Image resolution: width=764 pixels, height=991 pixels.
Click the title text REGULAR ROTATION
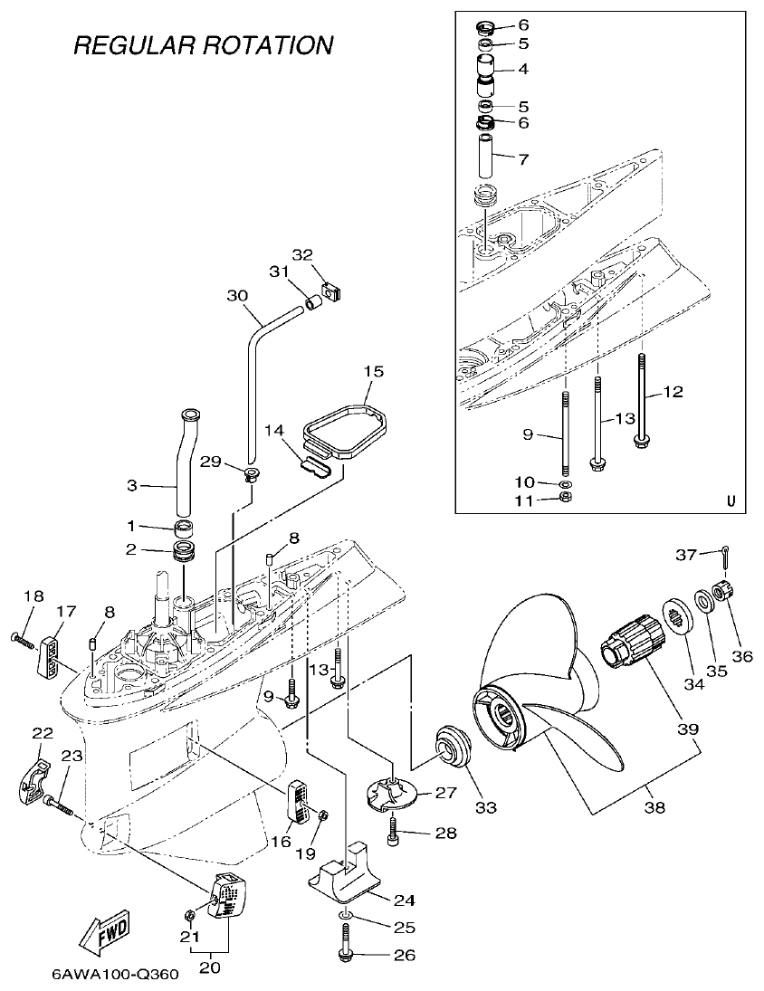[x=203, y=44]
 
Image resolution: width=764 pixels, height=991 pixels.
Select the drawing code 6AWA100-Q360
[x=115, y=975]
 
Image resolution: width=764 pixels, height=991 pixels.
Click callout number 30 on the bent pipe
[x=237, y=295]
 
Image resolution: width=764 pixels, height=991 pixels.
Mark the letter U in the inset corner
[x=731, y=500]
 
